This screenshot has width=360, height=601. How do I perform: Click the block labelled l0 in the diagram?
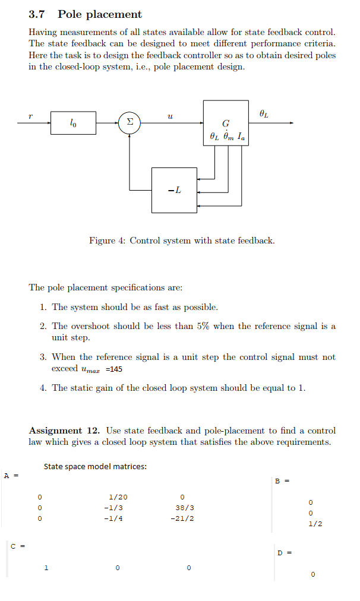click(x=72, y=123)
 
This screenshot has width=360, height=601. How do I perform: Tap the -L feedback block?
click(x=174, y=190)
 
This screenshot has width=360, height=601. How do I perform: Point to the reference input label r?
click(x=30, y=115)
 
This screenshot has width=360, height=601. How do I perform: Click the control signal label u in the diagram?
click(x=170, y=115)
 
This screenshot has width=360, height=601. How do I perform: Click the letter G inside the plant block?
click(x=226, y=124)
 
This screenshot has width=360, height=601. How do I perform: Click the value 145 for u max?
click(x=115, y=369)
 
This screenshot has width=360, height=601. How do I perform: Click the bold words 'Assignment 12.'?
click(x=64, y=431)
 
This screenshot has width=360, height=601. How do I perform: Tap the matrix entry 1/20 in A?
click(x=118, y=497)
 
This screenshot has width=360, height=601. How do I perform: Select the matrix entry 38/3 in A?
click(x=184, y=508)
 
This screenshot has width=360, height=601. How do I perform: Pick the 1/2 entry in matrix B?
click(x=315, y=524)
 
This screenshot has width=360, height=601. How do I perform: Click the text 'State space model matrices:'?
click(x=95, y=466)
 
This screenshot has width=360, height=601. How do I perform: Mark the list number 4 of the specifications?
click(x=43, y=388)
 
